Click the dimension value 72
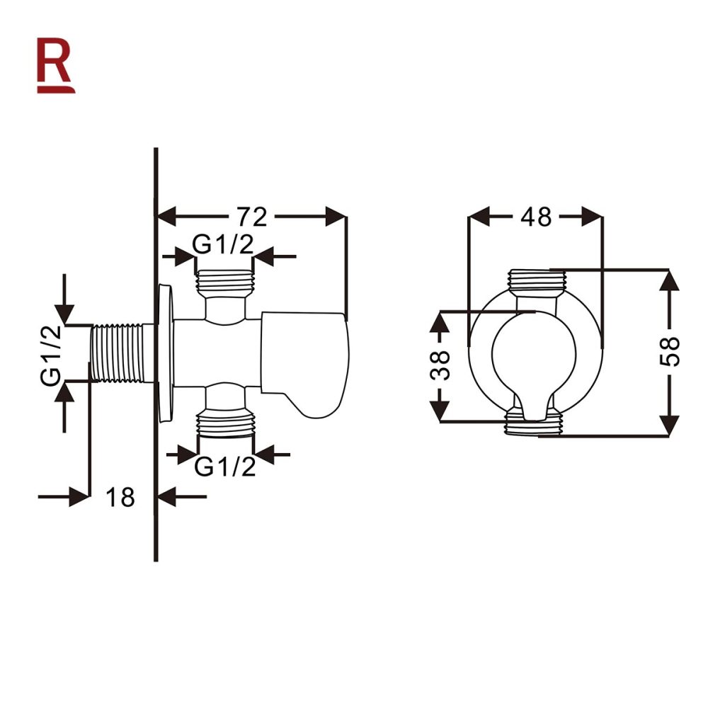point(251,217)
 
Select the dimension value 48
point(535,217)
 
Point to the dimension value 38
point(440,365)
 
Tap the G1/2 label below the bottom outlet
point(224,467)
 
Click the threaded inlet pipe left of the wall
point(119,354)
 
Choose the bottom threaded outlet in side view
point(224,423)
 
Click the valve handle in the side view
point(306,362)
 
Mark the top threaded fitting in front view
point(535,280)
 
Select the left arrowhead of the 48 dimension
point(481,217)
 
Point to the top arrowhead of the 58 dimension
point(669,280)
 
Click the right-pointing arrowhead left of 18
point(79,497)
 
